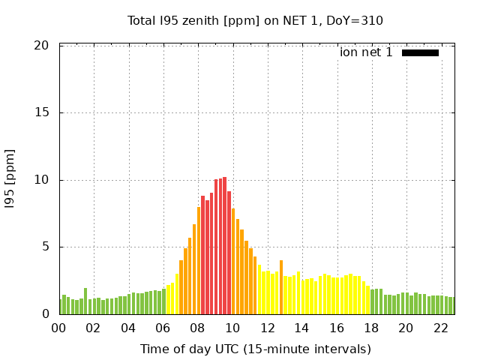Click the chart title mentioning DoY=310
click(x=255, y=20)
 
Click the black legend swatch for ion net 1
click(x=420, y=52)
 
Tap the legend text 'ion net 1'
click(x=366, y=52)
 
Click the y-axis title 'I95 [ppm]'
click(x=10, y=179)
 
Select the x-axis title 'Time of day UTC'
click(x=255, y=349)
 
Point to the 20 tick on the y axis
click(x=42, y=46)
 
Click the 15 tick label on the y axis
click(x=42, y=113)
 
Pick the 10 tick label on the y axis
click(x=42, y=180)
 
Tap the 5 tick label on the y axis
click(x=45, y=247)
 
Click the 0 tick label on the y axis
click(x=45, y=314)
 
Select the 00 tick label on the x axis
click(x=59, y=328)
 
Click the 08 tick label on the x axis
click(x=198, y=328)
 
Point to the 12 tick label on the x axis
click(x=268, y=328)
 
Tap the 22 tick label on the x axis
click(x=441, y=328)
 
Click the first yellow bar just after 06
click(x=168, y=299)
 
